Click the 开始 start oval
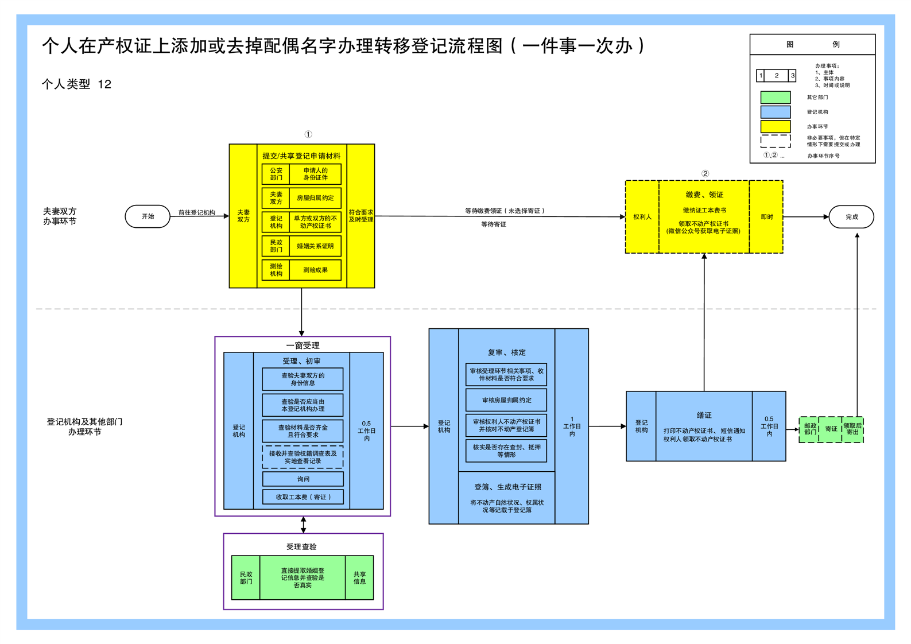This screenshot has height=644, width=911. (x=148, y=216)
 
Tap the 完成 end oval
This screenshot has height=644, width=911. (x=851, y=217)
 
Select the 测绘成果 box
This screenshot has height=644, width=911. (x=315, y=270)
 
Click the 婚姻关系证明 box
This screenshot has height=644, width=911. (x=315, y=246)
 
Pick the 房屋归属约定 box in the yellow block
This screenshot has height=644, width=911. (x=315, y=198)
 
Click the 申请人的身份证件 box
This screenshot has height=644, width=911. (x=315, y=174)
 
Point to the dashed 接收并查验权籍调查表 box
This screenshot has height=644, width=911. (x=303, y=457)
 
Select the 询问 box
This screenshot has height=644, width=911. (x=303, y=479)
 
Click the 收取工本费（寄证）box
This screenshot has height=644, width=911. (x=303, y=497)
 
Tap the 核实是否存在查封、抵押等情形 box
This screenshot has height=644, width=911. (x=506, y=451)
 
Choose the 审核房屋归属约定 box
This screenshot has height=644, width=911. (x=506, y=400)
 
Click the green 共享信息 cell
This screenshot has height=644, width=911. (x=359, y=578)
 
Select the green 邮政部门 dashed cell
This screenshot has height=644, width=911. (x=809, y=429)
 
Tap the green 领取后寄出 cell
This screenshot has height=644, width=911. (x=852, y=429)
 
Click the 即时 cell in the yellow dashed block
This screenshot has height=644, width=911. (x=766, y=217)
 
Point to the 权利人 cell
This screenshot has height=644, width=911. (x=642, y=217)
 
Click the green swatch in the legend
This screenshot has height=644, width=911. (x=775, y=98)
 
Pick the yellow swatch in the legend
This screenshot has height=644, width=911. (x=775, y=126)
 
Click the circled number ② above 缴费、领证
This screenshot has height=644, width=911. (x=705, y=173)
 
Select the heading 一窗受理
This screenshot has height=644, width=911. (x=303, y=346)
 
